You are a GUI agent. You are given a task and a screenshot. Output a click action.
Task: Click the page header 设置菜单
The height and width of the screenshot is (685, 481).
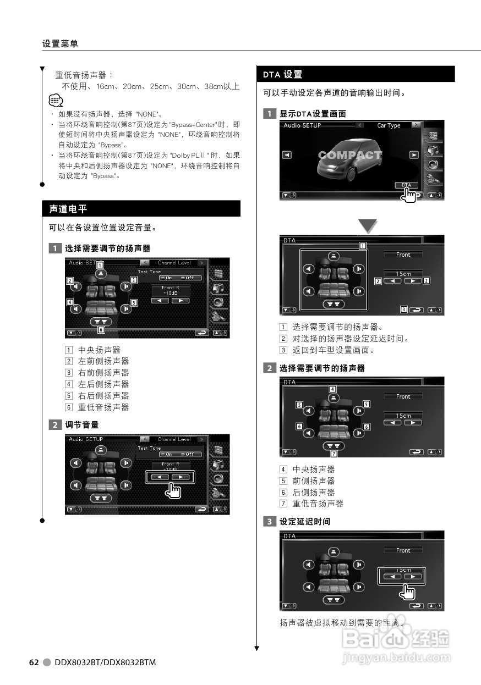point(60,44)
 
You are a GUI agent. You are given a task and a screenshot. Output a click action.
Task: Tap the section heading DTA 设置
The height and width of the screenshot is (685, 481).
point(283,74)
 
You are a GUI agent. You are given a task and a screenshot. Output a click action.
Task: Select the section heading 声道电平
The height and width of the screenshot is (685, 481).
point(68,209)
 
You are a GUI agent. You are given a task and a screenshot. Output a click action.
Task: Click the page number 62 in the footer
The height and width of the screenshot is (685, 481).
point(34,662)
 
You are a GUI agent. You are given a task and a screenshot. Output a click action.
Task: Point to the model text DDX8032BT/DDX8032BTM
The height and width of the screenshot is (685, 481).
point(105,662)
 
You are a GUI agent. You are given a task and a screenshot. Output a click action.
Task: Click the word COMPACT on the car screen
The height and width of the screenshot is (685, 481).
point(350,155)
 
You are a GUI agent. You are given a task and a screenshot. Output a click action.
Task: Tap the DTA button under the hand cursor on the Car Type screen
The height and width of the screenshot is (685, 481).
point(406,186)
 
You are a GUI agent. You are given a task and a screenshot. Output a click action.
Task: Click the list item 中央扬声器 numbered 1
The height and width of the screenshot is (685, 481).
point(99,350)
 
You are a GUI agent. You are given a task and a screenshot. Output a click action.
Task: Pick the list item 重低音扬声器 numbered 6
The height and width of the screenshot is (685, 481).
point(103,407)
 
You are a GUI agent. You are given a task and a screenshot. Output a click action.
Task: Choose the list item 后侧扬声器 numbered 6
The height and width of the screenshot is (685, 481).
point(314,492)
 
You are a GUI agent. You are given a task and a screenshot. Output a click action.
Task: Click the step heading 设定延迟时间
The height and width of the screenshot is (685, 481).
point(305,521)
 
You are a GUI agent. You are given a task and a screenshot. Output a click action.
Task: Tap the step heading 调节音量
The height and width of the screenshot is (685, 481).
point(82,425)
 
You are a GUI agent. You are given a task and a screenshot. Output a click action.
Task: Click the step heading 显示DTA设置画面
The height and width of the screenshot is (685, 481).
point(313,114)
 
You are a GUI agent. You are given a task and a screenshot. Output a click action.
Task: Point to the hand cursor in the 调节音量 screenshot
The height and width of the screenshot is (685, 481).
point(174,490)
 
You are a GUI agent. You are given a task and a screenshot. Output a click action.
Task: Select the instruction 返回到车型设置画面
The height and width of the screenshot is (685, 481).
point(334,350)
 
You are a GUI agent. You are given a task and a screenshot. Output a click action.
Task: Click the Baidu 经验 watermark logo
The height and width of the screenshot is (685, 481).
point(395,639)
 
